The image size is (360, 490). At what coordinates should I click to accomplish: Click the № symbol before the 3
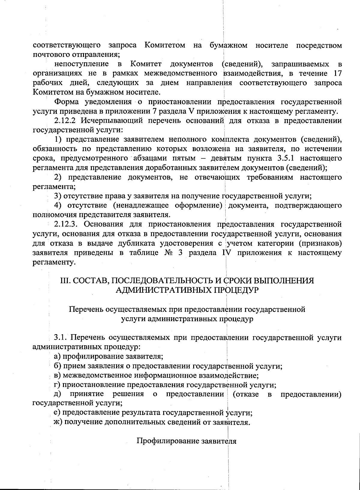(166, 253)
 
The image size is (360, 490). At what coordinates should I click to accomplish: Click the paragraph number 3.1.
(60, 338)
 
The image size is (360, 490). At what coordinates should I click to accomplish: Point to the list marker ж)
(57, 422)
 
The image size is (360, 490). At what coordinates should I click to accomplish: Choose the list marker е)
(56, 413)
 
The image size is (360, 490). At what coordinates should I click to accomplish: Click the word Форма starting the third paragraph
(66, 102)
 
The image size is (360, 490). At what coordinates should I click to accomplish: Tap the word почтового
(51, 55)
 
